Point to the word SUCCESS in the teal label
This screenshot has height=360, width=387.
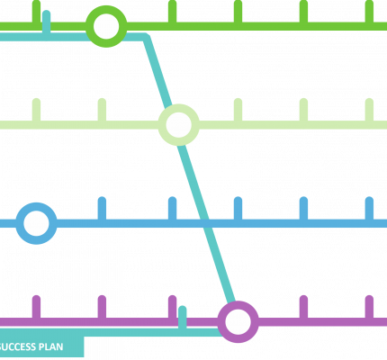tap(17, 347)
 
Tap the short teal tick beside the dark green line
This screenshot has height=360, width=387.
tap(46, 22)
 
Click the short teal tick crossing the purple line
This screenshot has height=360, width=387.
tap(182, 318)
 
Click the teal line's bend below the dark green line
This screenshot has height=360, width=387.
tap(146, 37)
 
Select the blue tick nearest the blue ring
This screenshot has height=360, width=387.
tap(102, 209)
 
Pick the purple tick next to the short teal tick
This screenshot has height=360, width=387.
tap(172, 307)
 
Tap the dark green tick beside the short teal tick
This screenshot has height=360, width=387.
tap(36, 12)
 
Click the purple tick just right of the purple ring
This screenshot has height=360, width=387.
tap(303, 307)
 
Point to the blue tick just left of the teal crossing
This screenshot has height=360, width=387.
tap(172, 209)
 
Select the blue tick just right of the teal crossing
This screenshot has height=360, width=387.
tap(238, 209)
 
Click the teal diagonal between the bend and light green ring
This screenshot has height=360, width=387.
tap(157, 72)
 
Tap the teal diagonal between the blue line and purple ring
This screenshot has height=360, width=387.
tap(221, 264)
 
